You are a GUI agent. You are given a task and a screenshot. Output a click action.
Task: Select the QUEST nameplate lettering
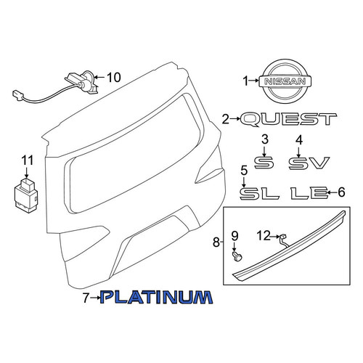pyautogui.click(x=288, y=120)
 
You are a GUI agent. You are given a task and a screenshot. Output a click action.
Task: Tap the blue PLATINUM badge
pyautogui.click(x=157, y=297)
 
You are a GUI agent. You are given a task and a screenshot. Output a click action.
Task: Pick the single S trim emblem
pyautogui.click(x=264, y=163)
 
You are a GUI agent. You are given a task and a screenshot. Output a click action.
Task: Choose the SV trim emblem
pyautogui.click(x=309, y=163)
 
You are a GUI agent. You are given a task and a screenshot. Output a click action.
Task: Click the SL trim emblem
pyautogui.click(x=259, y=194)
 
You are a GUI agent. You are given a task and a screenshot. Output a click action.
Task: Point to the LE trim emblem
pyautogui.click(x=309, y=193)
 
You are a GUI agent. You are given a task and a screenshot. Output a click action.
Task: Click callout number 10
pyautogui.click(x=113, y=78)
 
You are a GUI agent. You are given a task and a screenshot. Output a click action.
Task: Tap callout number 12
pyautogui.click(x=264, y=236)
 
